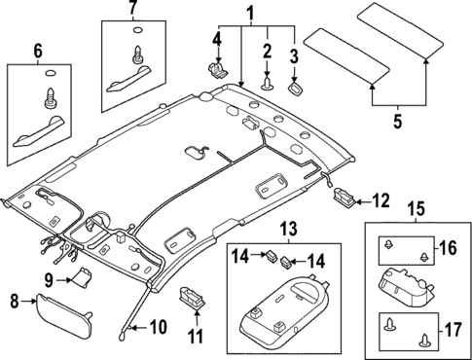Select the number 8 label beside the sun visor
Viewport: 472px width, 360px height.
click(x=15, y=301)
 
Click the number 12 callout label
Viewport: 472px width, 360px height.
click(x=380, y=201)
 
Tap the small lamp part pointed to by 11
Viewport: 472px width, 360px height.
click(x=190, y=295)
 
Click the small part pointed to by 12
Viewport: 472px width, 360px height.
click(x=344, y=198)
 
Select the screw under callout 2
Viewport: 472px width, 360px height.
click(x=264, y=85)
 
